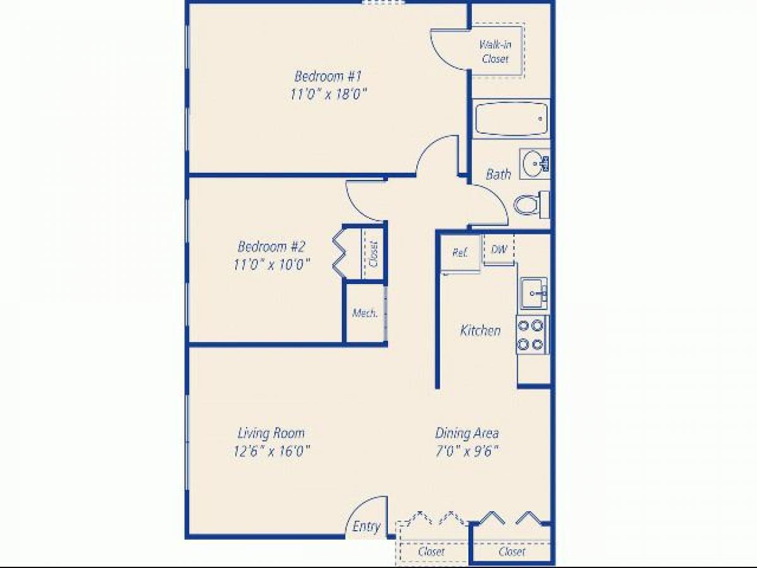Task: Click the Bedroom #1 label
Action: (x=327, y=76)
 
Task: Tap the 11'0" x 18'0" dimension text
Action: (x=327, y=95)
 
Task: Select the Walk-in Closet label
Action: (x=495, y=51)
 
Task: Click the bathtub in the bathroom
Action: (x=510, y=119)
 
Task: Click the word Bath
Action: (x=498, y=174)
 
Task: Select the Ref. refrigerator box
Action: (x=460, y=252)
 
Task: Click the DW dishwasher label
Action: (x=499, y=249)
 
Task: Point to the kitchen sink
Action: (x=534, y=293)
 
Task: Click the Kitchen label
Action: (x=481, y=330)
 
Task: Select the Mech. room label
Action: (x=365, y=313)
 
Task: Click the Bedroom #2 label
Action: (x=271, y=246)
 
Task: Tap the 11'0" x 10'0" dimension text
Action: (x=271, y=264)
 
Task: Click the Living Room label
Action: (x=271, y=433)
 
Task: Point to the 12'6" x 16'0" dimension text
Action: (x=271, y=451)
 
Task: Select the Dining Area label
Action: (x=467, y=433)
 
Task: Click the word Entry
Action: (x=367, y=527)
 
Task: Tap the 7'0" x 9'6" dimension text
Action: (x=467, y=451)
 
